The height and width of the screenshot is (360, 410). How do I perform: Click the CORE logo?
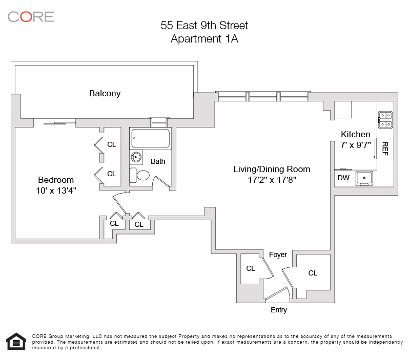pos(31,17)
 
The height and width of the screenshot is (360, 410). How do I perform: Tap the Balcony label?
pos(105,93)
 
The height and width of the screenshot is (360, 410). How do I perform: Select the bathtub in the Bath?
pos(151,138)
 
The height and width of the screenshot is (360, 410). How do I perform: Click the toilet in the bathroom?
pos(139,175)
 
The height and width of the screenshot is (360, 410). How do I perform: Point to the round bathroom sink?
pos(136,157)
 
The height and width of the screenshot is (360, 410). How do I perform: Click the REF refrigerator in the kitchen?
pos(384,149)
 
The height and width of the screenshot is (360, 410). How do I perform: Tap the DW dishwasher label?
pos(343,178)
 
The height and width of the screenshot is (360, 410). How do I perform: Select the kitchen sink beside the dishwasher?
pos(364,178)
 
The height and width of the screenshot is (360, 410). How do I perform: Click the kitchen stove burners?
pos(385,120)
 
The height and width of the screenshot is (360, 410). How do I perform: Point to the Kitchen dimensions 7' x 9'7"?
pos(356,145)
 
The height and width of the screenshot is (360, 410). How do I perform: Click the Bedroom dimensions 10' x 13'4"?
pos(56,190)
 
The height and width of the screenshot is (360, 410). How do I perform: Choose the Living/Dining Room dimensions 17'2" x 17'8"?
pos(272,180)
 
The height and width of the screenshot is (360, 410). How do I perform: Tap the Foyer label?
pos(278,255)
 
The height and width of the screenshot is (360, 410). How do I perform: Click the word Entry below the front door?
pos(279,310)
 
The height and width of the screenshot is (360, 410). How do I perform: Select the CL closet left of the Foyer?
pos(251,268)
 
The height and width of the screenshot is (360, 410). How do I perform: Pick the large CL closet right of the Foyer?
pos(313,273)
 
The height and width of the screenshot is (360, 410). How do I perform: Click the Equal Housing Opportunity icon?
pos(16,341)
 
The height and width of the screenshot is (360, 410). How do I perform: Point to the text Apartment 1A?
pos(204,39)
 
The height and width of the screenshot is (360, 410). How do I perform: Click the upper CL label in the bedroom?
pos(112,144)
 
